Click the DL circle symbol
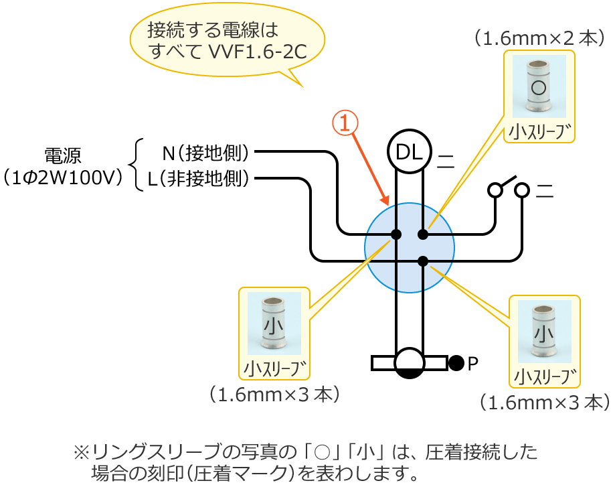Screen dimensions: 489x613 (x=410, y=152)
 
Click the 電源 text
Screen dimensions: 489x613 (x=62, y=156)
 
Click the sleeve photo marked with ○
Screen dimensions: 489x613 (x=539, y=86)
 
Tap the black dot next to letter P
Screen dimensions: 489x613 (x=456, y=363)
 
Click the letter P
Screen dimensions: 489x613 (x=473, y=364)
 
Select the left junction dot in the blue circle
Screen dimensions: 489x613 (x=396, y=234)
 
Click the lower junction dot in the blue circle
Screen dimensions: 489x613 (x=423, y=260)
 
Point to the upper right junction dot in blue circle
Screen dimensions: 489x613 (x=423, y=234)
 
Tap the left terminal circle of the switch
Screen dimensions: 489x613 (x=495, y=190)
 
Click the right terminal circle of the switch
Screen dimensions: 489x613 (x=522, y=190)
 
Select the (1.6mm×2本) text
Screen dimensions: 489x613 (x=539, y=38)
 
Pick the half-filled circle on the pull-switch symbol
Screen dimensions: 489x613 (x=410, y=363)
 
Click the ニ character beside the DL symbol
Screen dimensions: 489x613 (x=445, y=160)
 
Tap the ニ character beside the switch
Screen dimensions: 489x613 (x=545, y=191)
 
